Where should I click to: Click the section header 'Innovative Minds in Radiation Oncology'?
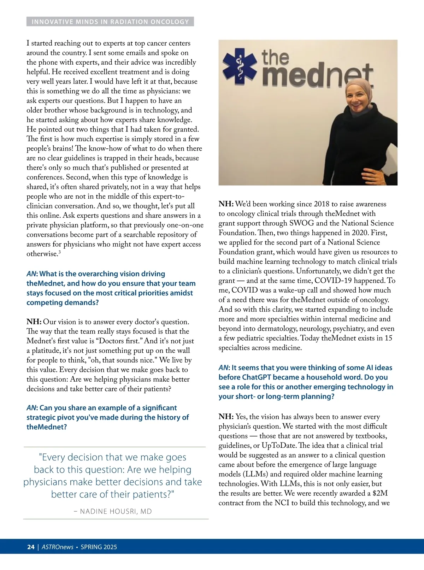110,22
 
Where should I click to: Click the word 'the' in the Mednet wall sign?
275,58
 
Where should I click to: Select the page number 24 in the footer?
31,547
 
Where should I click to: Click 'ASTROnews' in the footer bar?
58,547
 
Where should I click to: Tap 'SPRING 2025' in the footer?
99,547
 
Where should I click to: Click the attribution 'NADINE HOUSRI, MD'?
116,511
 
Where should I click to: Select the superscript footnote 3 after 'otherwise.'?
60,252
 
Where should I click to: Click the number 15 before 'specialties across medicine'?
388,338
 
